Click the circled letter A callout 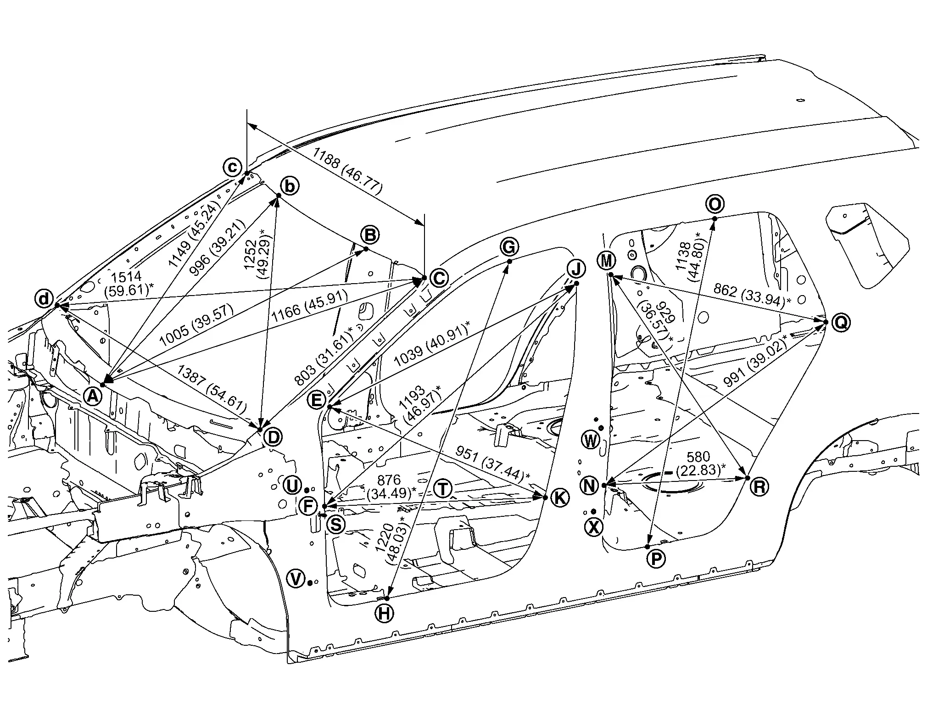(x=93, y=395)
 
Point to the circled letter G (x=509, y=247)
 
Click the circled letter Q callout (x=841, y=322)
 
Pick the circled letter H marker (x=384, y=613)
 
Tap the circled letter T (x=443, y=489)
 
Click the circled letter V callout (x=296, y=579)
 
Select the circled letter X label (x=594, y=527)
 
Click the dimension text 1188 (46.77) (x=347, y=171)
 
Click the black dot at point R (x=748, y=478)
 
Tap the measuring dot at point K (x=545, y=497)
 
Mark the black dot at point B (x=366, y=249)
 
